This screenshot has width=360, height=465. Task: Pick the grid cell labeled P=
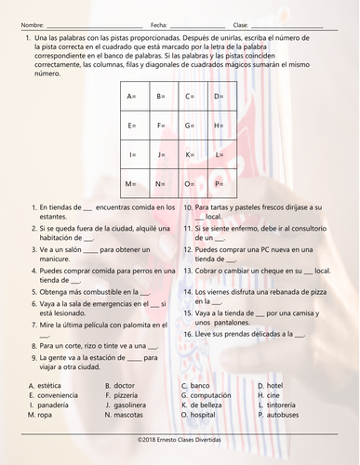point(224,182)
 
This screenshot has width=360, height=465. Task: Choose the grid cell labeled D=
point(224,96)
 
